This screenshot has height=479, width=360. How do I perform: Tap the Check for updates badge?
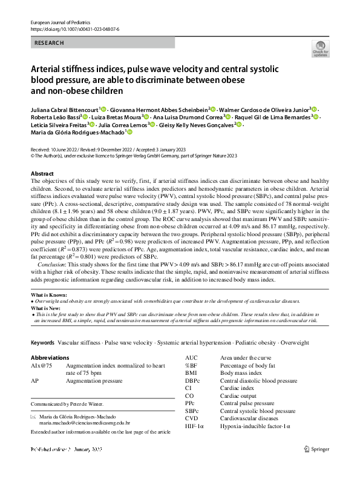click(x=319, y=48)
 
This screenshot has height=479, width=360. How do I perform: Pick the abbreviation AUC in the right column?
click(x=191, y=358)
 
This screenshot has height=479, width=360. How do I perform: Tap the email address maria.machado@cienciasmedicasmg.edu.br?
click(x=85, y=424)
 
